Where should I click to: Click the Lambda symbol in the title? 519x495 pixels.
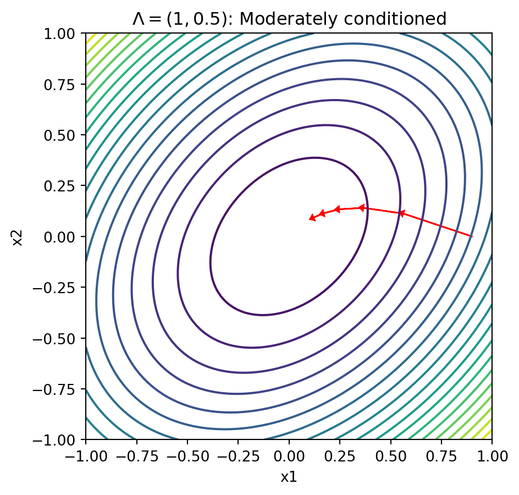(138, 19)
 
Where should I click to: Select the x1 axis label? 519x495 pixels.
(289, 476)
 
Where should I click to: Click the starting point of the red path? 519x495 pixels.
(471, 236)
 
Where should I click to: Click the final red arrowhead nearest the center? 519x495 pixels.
(312, 218)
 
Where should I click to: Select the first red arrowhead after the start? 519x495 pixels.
(402, 213)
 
